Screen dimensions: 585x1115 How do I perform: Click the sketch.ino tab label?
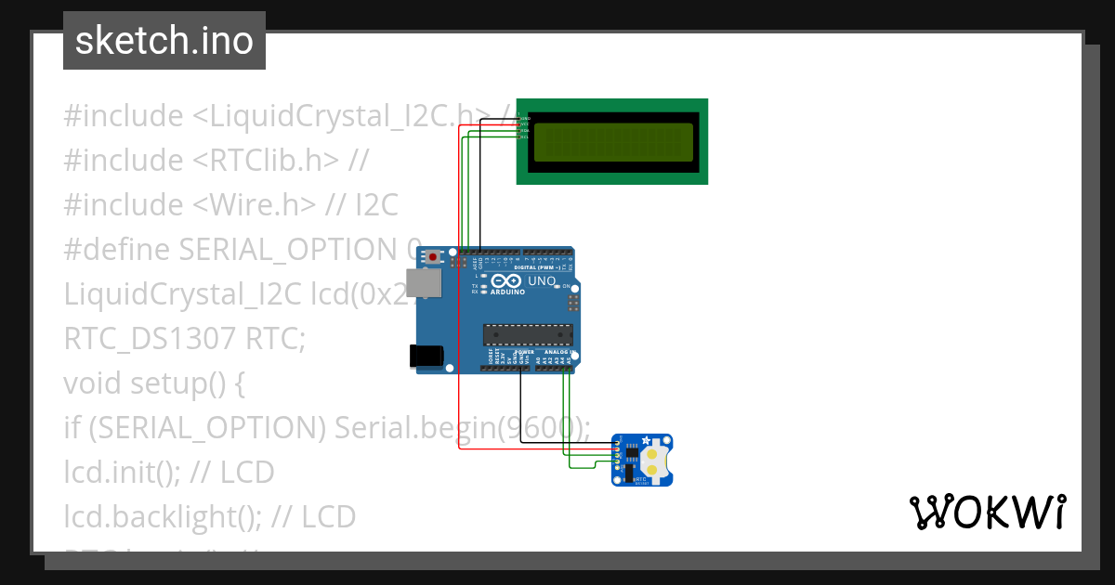(164, 41)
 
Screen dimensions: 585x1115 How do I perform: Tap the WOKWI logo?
(987, 512)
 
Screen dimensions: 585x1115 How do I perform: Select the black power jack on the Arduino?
(426, 356)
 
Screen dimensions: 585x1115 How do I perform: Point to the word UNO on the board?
(542, 280)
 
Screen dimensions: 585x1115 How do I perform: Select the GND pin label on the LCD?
(525, 119)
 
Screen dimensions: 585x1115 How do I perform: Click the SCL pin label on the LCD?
(524, 136)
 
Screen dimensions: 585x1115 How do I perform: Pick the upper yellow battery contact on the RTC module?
(654, 455)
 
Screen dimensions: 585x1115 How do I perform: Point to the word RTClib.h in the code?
(269, 160)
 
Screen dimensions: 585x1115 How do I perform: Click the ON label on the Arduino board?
(565, 286)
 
